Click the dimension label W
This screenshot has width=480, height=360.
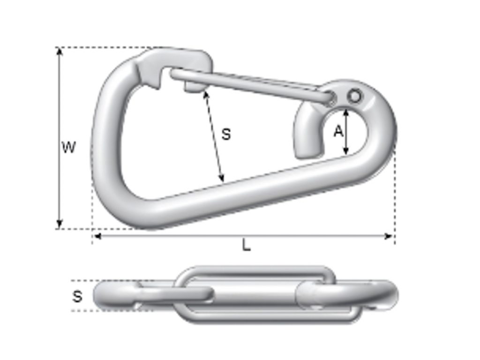click(68, 147)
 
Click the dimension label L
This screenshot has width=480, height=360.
click(246, 245)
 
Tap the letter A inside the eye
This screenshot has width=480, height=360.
click(338, 132)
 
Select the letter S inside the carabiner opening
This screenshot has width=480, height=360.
click(226, 134)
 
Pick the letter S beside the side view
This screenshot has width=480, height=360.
click(77, 296)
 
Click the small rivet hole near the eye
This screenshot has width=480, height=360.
click(355, 97)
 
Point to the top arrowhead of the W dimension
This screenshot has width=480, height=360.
click(59, 51)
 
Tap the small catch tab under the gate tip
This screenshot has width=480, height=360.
click(192, 87)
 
